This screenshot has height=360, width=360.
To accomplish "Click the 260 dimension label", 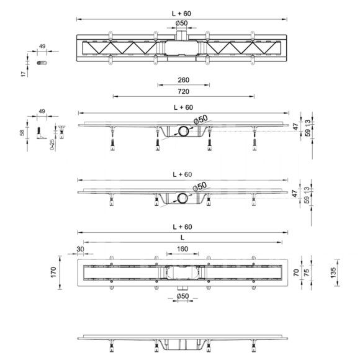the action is tap(184, 80).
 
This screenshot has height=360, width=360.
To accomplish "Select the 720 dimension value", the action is tap(184, 92).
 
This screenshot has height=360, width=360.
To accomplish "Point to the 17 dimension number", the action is tap(23, 74).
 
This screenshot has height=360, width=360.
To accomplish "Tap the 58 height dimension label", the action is tap(22, 133).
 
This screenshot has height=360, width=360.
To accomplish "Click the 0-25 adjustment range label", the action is tap(52, 145).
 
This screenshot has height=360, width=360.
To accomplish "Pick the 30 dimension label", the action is tap(80, 249).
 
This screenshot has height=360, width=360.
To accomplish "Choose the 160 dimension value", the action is tap(182, 249).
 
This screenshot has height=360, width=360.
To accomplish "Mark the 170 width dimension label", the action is tap(53, 272).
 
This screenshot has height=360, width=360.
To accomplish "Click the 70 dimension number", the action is tap(296, 272).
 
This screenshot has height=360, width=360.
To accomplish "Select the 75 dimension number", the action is tap(306, 272).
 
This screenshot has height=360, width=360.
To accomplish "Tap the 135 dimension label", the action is tap(333, 272).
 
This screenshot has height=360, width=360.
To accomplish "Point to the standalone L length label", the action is tap(182, 238).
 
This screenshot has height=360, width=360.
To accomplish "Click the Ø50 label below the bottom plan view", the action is tap(182, 296).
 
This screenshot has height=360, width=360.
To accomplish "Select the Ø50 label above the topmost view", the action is tap(182, 23).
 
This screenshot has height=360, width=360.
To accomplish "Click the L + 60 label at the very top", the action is tap(182, 14).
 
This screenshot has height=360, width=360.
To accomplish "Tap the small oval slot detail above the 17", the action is tap(42, 63).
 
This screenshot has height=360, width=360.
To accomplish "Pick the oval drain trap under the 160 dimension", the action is tap(182, 272).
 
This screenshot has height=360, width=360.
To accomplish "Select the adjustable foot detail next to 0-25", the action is tap(61, 132).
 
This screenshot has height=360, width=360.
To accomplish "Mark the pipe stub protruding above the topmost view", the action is tap(182, 35).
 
